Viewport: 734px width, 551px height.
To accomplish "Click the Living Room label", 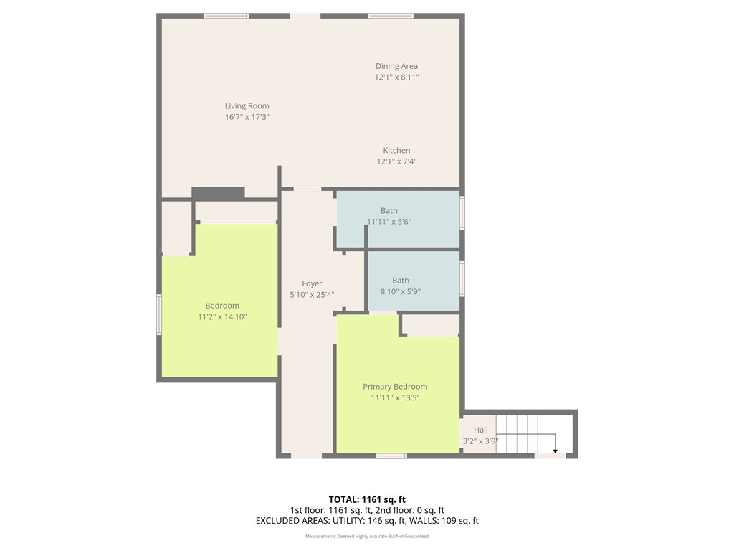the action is click(x=247, y=106).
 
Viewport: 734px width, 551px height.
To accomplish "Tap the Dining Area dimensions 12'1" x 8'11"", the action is click(x=396, y=77).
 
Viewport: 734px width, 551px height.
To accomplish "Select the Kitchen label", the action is click(x=396, y=151).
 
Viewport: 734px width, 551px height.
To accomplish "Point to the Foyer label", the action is click(x=312, y=283).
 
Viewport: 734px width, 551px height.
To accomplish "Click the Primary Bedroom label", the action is click(x=395, y=387).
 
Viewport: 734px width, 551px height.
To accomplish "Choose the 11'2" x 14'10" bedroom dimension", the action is click(x=222, y=316).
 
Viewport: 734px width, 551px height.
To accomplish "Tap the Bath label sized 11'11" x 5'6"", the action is click(x=389, y=211).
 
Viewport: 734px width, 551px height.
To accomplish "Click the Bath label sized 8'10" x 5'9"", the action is click(x=400, y=281).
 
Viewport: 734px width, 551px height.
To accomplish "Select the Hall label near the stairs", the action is click(x=481, y=430).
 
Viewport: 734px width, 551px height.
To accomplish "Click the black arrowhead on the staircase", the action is click(x=556, y=451).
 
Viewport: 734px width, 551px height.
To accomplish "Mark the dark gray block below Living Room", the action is click(x=218, y=193).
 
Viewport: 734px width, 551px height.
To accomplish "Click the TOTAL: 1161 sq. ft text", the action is click(x=367, y=499).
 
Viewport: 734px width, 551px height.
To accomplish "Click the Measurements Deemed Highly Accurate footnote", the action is click(x=367, y=536).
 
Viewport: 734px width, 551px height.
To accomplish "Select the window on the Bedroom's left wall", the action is click(x=159, y=314).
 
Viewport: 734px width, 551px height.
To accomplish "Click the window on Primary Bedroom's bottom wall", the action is click(x=391, y=456).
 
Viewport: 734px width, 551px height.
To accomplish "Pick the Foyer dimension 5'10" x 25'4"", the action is click(x=312, y=295).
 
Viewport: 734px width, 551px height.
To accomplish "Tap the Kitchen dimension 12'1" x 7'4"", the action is click(x=396, y=161).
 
